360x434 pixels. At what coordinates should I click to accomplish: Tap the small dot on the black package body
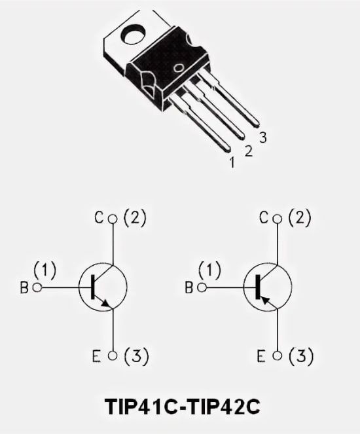[179, 68]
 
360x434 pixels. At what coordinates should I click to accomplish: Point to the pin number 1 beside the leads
[232, 162]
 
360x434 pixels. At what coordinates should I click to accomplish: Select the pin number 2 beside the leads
[249, 151]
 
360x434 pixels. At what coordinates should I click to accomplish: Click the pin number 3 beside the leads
[263, 137]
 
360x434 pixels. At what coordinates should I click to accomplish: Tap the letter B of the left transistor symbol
[24, 287]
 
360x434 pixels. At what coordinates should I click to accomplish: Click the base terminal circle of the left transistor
[37, 287]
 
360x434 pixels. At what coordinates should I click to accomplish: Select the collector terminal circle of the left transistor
[113, 219]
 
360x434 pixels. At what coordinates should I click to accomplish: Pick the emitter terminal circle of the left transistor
[113, 355]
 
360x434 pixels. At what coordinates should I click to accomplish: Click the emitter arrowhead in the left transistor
[106, 304]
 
